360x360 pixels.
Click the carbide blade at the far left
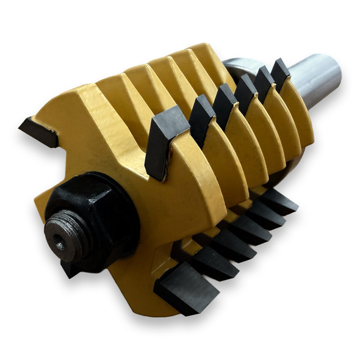tap(38, 132)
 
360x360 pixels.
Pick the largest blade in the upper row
tap(164, 141)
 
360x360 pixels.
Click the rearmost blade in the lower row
tap(281, 201)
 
